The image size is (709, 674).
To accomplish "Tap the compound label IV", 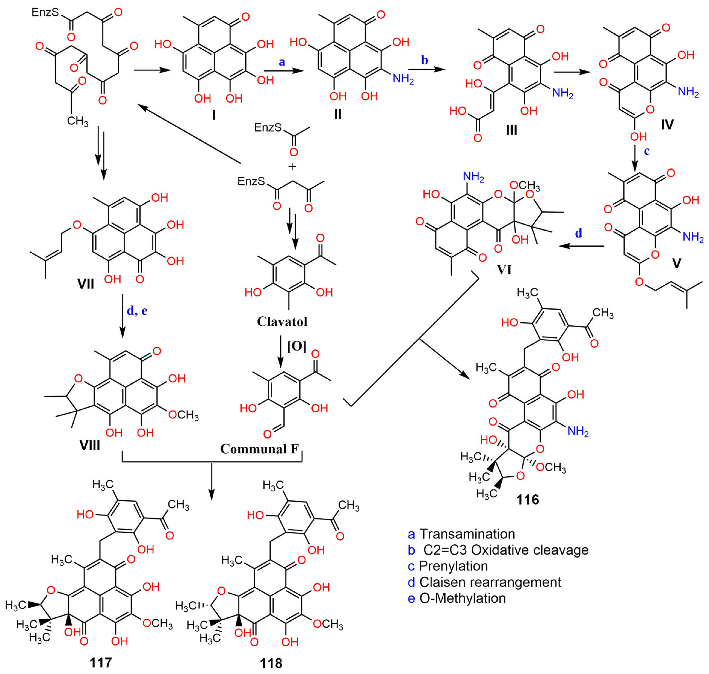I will click(x=667, y=124).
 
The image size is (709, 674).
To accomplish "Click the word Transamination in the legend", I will click(x=467, y=534).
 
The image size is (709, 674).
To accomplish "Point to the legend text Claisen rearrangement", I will click(x=490, y=582).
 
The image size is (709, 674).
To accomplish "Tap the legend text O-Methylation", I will click(x=463, y=598).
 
